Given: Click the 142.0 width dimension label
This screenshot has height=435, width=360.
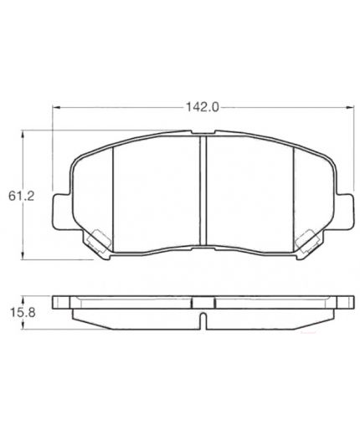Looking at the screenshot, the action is [x=203, y=107].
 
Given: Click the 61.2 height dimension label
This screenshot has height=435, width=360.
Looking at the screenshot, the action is [x=21, y=196].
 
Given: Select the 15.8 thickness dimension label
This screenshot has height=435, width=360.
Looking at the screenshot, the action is [x=23, y=313].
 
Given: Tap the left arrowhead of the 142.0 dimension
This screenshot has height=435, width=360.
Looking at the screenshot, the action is [x=57, y=107].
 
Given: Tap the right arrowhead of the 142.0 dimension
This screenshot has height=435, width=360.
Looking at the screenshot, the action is [x=350, y=107].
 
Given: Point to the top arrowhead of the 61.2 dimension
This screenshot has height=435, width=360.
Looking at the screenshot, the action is [x=23, y=134].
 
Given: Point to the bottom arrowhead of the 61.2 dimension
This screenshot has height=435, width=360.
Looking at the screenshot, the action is [x=23, y=256].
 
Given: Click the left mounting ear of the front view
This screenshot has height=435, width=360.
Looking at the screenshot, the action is [x=61, y=212].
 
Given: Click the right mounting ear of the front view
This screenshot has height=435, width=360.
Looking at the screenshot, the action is [x=346, y=212].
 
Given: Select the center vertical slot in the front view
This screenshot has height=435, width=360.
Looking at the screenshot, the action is [x=203, y=190].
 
